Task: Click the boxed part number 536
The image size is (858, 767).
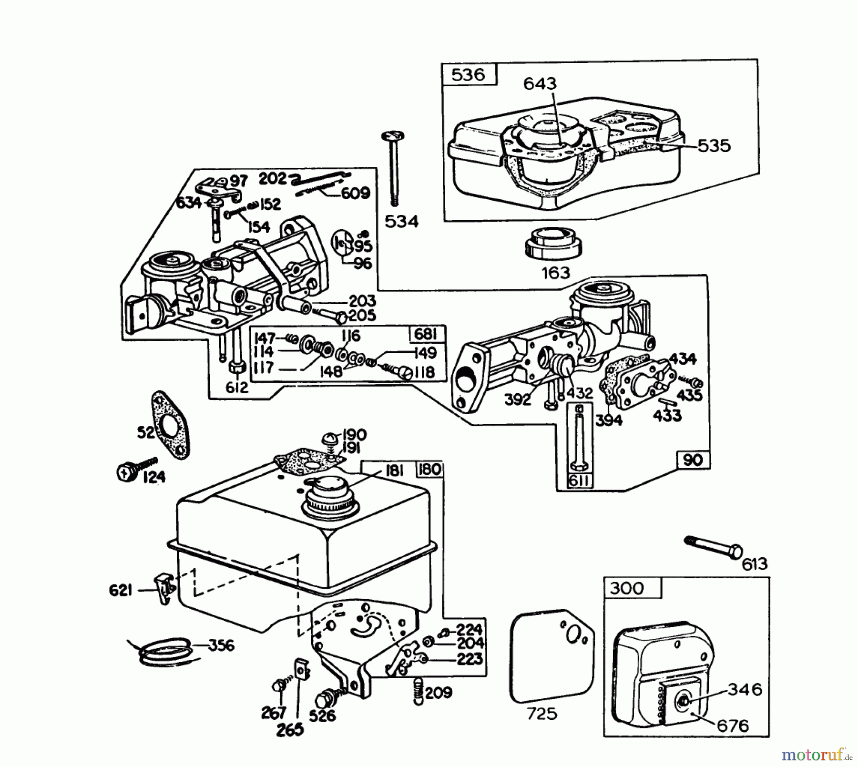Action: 469,75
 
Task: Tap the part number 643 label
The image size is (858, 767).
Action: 540,84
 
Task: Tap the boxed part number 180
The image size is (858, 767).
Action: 429,470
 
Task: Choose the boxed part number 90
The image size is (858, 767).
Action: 693,460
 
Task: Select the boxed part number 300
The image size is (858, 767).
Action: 626,588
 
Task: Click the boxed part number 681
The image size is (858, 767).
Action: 426,334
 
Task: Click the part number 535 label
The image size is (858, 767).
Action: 714,146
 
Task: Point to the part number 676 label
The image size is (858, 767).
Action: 733,726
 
